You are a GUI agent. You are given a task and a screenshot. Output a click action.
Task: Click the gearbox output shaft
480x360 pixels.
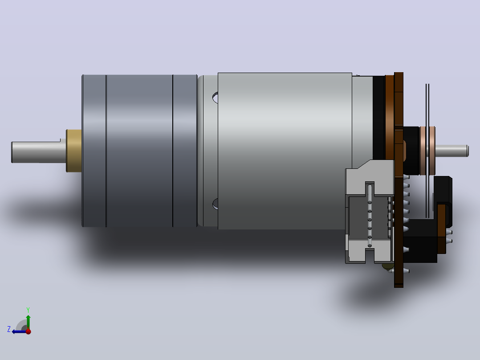(x=39, y=152)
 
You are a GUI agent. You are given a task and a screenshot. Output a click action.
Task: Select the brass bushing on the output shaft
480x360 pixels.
(x=74, y=151)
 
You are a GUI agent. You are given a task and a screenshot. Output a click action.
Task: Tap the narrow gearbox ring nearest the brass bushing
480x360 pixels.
(x=94, y=151)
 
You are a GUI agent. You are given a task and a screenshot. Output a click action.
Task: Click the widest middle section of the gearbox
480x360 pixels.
(x=140, y=151)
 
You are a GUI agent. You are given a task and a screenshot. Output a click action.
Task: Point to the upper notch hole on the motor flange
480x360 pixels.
(x=215, y=98)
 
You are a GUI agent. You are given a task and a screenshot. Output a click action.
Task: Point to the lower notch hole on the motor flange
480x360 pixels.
(x=215, y=204)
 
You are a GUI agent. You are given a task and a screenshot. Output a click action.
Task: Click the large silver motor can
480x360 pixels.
(x=285, y=151)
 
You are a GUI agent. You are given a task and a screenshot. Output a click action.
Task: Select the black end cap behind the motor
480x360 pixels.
(x=378, y=118)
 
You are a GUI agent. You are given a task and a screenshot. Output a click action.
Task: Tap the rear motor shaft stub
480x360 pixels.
(x=452, y=151)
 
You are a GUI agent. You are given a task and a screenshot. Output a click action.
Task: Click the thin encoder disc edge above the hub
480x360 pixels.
(x=427, y=105)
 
